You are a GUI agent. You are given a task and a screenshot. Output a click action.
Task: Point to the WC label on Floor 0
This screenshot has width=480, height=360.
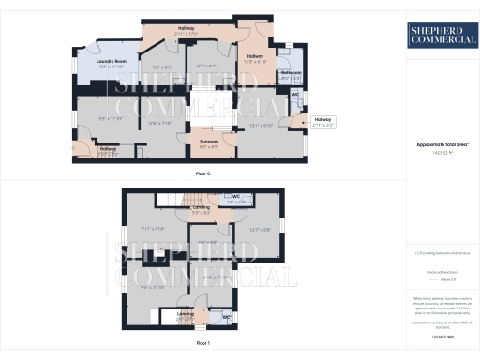click(295, 95)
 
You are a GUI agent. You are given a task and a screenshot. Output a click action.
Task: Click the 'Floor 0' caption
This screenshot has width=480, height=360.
click(202, 174)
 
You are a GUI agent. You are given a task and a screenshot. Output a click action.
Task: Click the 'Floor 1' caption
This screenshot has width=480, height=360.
click(203, 344)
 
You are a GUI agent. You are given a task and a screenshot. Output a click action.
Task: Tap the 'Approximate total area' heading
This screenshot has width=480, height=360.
click(442, 144)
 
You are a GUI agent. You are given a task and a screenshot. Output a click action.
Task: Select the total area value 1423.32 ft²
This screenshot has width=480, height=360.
click(442, 152)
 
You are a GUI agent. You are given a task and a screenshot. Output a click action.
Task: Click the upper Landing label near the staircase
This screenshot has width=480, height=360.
click(202, 206)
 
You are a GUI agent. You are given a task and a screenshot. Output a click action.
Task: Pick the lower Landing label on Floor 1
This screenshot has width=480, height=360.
click(186, 312)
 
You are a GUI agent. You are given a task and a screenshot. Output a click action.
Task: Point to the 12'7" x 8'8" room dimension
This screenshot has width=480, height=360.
click(260, 229)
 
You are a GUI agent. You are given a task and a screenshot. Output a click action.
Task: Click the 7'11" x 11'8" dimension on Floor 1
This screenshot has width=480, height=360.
click(152, 228)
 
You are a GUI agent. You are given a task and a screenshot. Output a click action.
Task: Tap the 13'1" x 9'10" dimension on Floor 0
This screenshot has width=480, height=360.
click(261, 125)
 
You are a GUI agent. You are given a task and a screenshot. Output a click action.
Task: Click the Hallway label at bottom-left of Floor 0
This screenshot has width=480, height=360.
click(108, 148)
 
